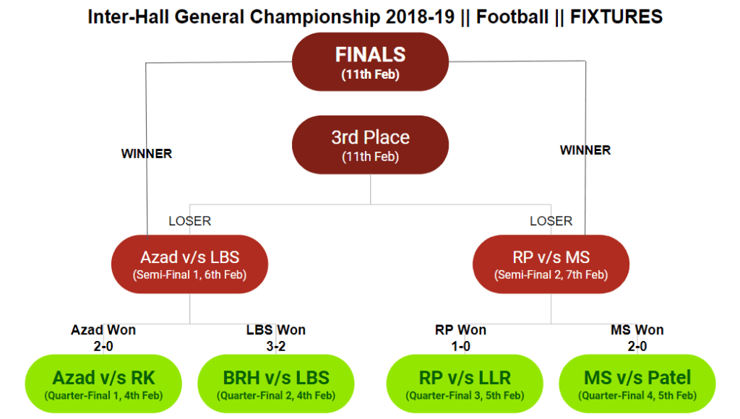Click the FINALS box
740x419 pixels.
pos(370,62)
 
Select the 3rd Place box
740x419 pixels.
pos(370,145)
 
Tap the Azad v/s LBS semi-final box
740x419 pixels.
pos(190,264)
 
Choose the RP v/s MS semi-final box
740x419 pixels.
pos(551,264)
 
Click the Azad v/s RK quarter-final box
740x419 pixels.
pos(103,384)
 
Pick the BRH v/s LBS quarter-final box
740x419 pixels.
pos(276,384)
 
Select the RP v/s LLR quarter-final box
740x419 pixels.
pos(465,384)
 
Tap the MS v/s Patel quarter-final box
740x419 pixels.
pos(637,384)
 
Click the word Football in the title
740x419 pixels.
pos(512,17)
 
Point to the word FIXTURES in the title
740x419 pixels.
pos(616,17)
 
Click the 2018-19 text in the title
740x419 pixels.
pos(420,17)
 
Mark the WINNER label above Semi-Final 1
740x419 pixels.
pos(146,154)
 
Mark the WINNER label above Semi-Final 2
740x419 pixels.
pos(585,150)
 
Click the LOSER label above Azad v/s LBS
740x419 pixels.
pos(190,221)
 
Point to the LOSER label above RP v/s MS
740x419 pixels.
pos(551,221)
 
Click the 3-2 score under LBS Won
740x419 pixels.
pos(275,346)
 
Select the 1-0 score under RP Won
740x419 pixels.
pos(460,346)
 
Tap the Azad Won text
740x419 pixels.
pos(103,330)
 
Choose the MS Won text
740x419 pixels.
pos(637,330)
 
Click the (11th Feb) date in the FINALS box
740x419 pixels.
pos(370,74)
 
